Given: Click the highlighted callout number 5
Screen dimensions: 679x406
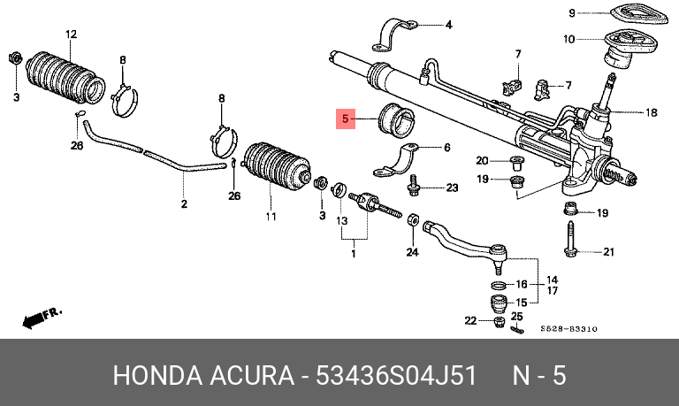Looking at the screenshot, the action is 346,119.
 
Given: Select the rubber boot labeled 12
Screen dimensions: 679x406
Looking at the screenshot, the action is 65,78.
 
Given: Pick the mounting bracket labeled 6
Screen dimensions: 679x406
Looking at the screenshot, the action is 395,160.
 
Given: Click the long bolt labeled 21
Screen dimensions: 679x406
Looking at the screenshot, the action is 570,238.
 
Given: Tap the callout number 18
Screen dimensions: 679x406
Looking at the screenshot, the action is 651,112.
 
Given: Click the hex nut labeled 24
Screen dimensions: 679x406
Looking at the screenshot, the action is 413,219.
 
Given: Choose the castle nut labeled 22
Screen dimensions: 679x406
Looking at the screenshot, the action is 499,322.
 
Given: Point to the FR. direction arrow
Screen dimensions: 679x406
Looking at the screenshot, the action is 42,318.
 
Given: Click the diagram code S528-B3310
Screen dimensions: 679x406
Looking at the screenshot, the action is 568,329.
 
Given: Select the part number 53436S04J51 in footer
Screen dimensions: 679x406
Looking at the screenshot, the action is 396,375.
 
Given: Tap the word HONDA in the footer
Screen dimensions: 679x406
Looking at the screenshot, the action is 157,375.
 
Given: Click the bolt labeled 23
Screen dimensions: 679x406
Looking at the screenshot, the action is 413,186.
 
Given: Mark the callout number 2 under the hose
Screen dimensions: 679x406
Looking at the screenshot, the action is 184,203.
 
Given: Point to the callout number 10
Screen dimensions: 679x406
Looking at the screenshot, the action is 569,40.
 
